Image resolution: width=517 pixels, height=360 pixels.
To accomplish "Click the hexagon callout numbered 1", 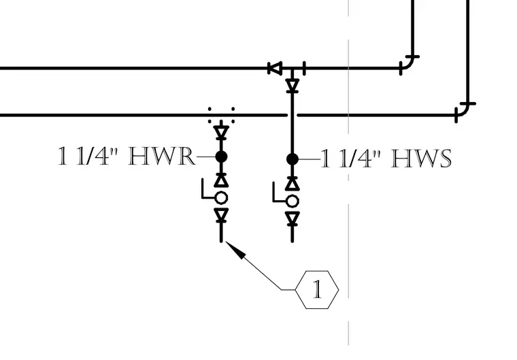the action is click(317, 290).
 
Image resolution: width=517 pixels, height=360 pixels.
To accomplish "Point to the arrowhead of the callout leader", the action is click(235, 249).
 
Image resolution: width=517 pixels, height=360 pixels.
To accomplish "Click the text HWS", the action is click(421, 159).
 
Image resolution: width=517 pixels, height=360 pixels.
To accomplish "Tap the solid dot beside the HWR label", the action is click(221, 157).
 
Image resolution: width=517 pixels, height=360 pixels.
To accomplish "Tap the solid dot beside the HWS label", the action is click(293, 159).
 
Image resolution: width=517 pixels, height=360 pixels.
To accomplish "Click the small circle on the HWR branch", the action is click(221, 198).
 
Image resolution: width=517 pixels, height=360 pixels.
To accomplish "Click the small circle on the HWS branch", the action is click(293, 201).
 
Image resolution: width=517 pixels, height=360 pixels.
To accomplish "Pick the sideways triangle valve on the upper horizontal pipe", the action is click(275, 68).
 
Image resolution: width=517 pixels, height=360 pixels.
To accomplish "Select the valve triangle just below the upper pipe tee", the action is click(293, 85).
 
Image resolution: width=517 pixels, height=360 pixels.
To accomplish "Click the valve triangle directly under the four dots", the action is click(221, 132).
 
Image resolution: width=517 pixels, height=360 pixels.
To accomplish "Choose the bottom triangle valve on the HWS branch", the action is click(293, 218).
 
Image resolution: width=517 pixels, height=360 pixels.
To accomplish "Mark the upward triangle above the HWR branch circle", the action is click(221, 180).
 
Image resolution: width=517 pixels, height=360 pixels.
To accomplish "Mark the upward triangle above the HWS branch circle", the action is click(293, 183).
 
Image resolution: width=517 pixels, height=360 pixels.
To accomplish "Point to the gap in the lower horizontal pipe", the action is click(293, 115).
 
